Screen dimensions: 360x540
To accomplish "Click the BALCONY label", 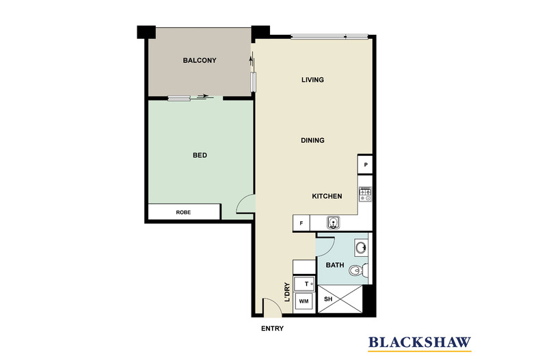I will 200,61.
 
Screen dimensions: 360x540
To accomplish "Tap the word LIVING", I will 312,80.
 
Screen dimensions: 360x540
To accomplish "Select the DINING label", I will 312,140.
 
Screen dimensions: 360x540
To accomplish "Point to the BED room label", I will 200,156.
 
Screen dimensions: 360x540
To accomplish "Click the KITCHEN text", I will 327,197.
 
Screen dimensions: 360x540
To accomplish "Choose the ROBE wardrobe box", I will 184,212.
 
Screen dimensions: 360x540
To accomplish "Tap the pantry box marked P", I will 366,165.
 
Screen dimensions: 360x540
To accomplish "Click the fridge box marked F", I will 301,223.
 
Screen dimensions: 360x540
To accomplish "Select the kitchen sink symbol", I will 334,222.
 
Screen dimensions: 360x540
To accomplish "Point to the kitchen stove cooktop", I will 366,195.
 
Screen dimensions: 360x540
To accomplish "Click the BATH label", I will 335,265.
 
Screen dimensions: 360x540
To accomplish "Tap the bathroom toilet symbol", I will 356,272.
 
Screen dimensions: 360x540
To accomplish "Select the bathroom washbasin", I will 362,247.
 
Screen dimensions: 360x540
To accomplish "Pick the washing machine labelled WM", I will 303,301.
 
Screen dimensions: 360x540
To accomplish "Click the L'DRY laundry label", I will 287,292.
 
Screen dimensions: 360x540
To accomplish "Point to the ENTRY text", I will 272,329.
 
